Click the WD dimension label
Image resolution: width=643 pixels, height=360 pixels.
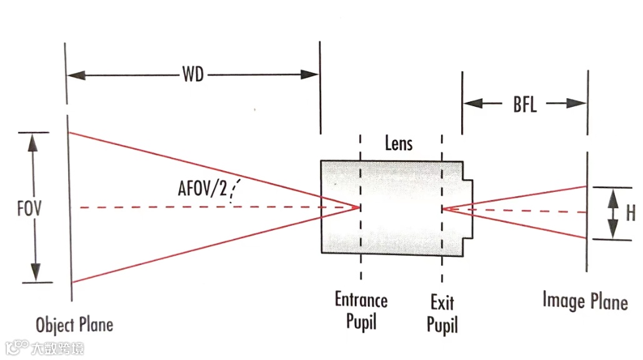192,75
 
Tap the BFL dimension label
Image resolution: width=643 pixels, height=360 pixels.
524,104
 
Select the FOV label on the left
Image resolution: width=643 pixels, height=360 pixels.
29,207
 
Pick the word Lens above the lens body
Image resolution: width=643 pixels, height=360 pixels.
398,144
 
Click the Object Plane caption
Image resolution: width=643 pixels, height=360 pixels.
74,325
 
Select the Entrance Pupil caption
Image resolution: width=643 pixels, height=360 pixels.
361,310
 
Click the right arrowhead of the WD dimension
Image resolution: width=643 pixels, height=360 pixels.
309,74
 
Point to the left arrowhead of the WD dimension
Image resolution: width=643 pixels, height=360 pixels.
76,75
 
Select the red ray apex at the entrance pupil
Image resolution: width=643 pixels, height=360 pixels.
359,207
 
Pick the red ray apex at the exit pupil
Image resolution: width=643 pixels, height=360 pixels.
444,209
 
